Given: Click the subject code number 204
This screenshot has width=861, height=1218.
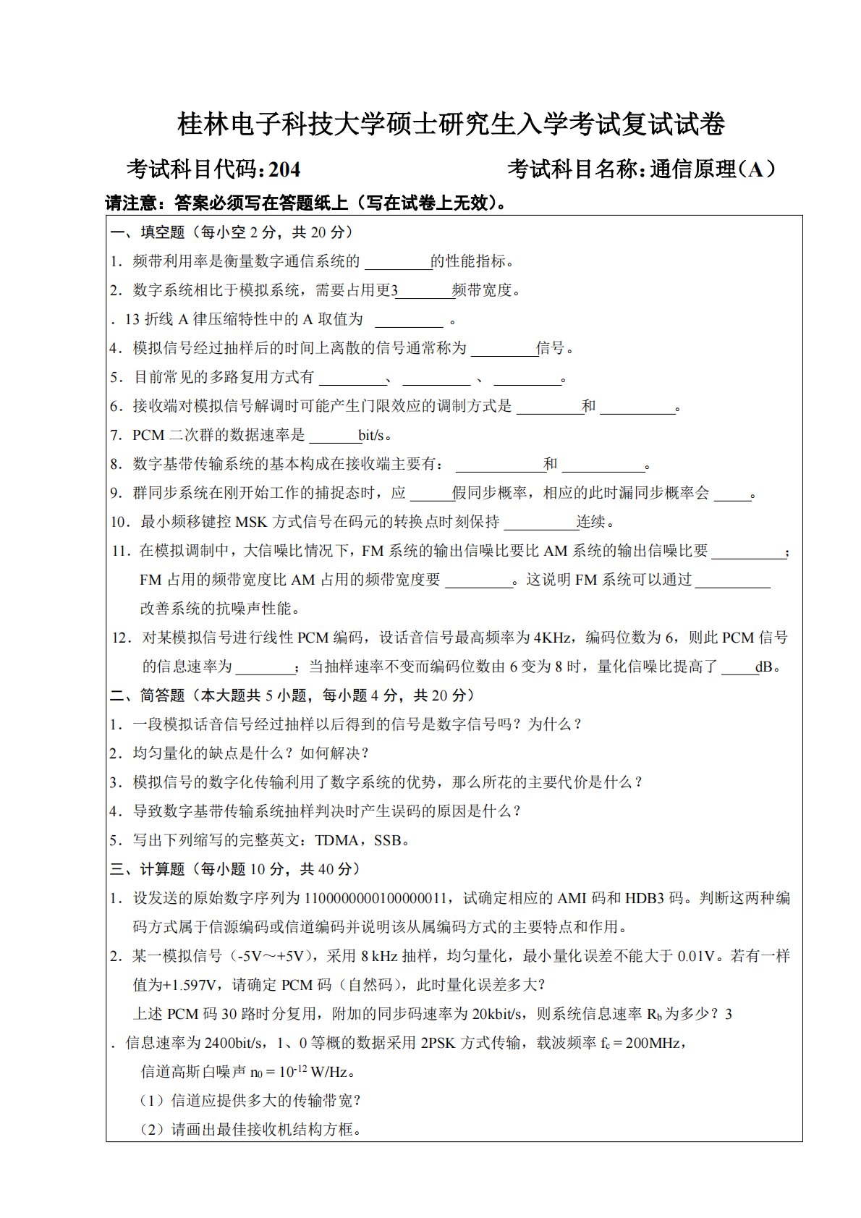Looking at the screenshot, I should [x=284, y=169].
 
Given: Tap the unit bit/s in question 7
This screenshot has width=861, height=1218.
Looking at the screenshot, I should [x=376, y=436].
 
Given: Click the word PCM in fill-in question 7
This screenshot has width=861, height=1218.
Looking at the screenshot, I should [x=148, y=436].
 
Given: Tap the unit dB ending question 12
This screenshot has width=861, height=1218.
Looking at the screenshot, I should [x=765, y=667].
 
